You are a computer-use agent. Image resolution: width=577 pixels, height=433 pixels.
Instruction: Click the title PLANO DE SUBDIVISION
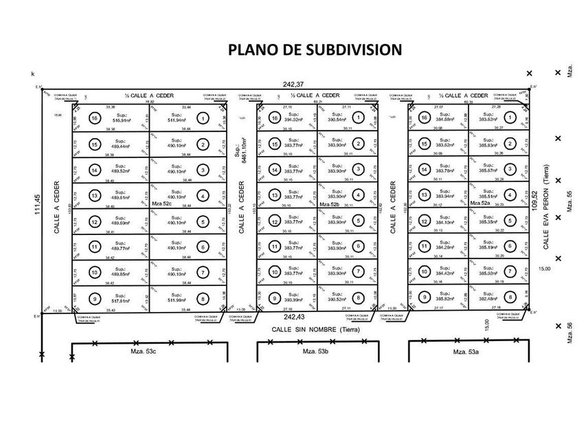[x=314, y=49]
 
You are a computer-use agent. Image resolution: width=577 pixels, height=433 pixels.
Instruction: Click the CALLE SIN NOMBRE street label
[x=315, y=329]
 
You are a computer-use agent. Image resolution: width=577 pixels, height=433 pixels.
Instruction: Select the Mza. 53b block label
[x=316, y=352]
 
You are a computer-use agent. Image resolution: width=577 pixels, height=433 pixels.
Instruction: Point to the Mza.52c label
[x=162, y=204]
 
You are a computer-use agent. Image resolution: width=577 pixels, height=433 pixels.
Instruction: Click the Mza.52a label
[x=480, y=204]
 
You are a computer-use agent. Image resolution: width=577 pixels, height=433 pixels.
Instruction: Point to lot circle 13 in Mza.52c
[x=95, y=196]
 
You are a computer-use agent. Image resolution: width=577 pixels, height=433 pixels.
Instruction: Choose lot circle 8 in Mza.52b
[x=359, y=298]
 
